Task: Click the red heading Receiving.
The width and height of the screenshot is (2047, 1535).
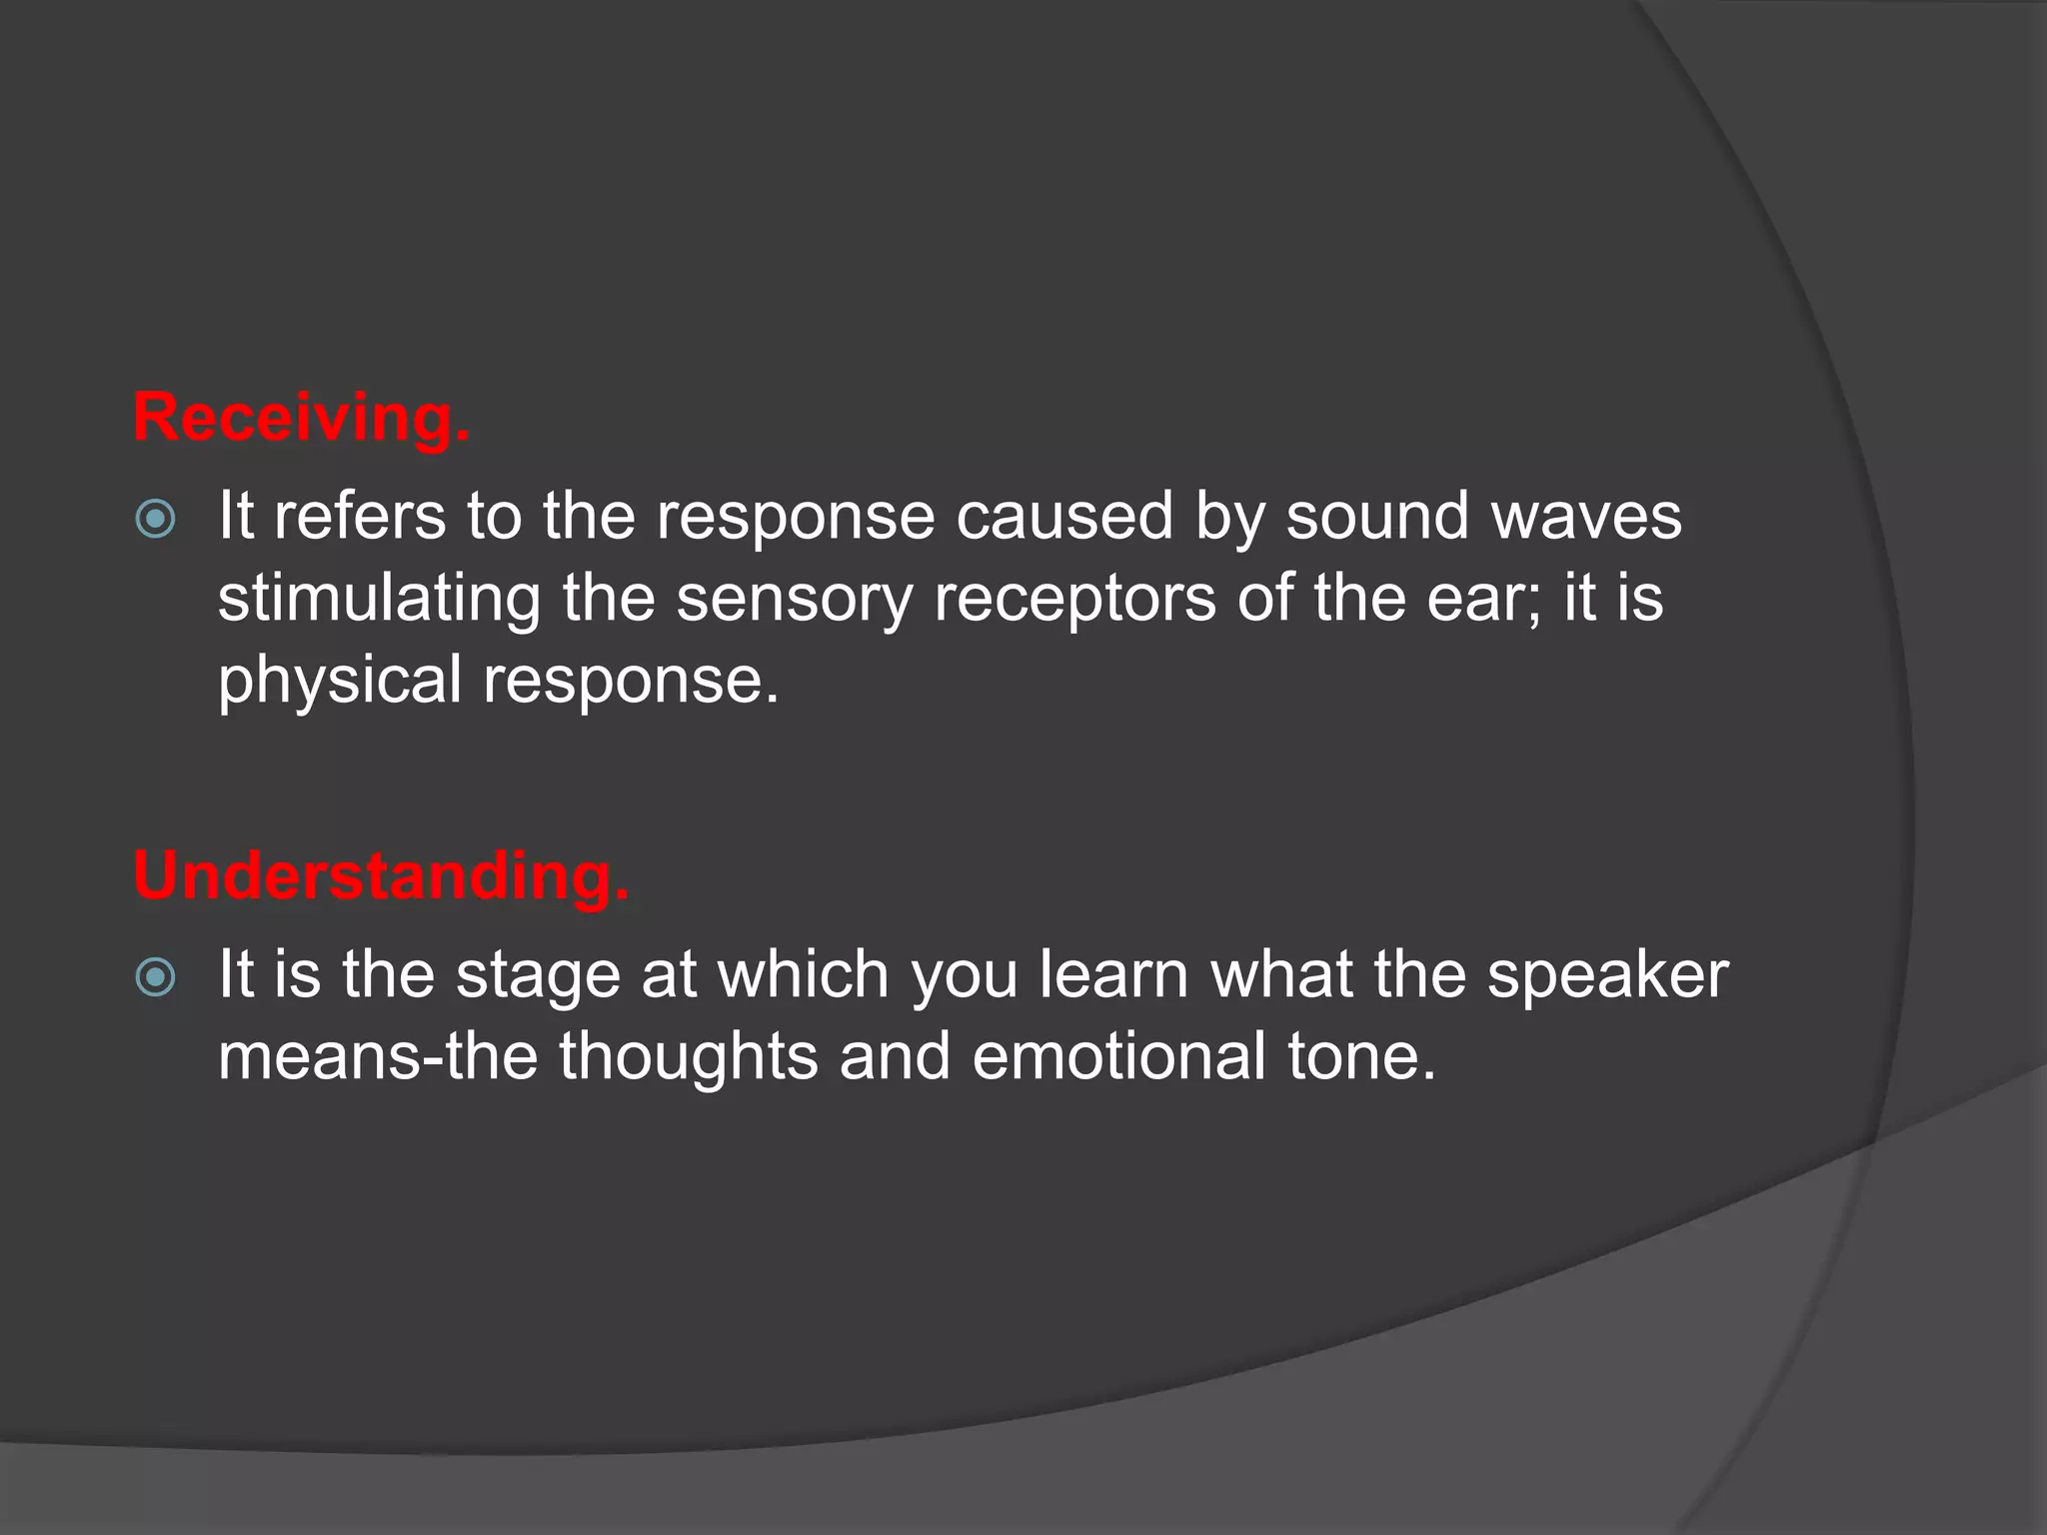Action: click(301, 418)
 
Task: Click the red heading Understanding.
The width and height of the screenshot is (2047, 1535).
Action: click(381, 875)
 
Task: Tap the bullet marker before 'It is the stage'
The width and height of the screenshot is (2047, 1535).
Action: click(155, 977)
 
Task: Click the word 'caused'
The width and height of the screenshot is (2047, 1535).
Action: click(1063, 517)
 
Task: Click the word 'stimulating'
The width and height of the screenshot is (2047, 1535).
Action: click(379, 600)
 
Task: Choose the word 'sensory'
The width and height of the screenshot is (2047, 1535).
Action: click(795, 600)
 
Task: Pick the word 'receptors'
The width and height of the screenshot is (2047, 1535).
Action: click(1074, 600)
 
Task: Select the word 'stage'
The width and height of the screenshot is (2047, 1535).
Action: click(538, 977)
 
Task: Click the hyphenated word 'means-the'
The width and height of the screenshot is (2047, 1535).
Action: click(378, 1056)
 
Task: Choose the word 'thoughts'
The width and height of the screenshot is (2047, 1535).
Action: click(689, 1056)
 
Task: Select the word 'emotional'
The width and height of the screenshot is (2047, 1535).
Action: click(1118, 1056)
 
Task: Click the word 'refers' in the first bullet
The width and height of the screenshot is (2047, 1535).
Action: click(359, 517)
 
